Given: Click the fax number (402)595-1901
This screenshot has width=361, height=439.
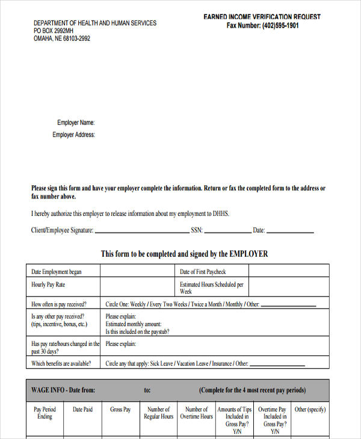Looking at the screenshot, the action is click(x=280, y=26).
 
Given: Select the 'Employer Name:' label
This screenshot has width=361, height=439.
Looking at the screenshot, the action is click(x=76, y=123).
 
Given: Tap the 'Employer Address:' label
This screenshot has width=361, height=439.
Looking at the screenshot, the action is click(x=73, y=135).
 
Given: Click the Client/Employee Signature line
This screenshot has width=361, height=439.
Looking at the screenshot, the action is click(x=142, y=232).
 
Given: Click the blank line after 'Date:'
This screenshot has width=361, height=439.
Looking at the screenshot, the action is click(x=290, y=232).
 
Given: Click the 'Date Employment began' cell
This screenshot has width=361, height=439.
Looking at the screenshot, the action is click(x=57, y=272).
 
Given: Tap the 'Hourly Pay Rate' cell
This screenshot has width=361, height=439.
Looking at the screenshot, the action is click(x=48, y=284).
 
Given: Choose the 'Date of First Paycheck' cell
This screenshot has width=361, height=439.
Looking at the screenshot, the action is click(x=203, y=272).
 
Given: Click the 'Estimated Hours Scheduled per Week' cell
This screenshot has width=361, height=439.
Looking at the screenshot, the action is click(x=212, y=287).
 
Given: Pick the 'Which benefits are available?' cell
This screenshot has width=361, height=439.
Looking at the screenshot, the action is click(x=61, y=363).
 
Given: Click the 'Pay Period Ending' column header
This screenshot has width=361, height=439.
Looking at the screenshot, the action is click(x=45, y=413).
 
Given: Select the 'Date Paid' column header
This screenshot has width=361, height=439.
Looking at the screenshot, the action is click(x=82, y=410).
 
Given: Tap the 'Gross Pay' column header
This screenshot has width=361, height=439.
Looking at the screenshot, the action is click(x=120, y=410).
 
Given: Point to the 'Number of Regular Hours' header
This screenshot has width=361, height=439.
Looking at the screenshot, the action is click(x=158, y=413).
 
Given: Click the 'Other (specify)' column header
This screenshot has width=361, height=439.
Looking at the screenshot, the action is click(x=310, y=410).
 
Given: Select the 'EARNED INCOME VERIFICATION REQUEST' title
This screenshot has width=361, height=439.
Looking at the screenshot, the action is click(x=262, y=17).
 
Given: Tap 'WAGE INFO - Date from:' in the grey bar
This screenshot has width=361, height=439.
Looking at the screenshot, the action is click(x=63, y=390).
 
